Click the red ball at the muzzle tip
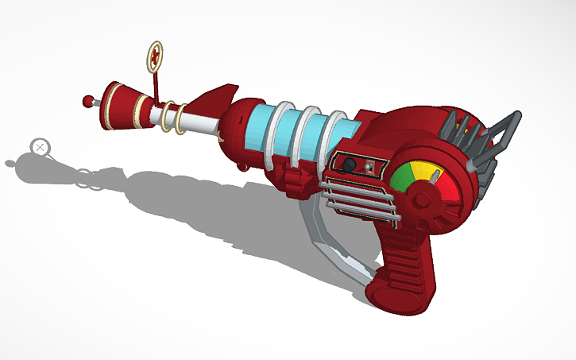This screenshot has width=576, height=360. (x=87, y=101)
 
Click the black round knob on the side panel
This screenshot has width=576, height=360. (x=349, y=164)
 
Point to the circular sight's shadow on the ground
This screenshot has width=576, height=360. (x=40, y=147)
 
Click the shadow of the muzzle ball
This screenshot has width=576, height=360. (x=10, y=164)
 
